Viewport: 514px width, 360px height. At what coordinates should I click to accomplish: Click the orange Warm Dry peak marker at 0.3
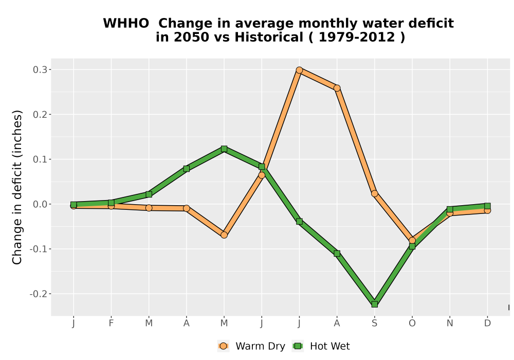[299, 70]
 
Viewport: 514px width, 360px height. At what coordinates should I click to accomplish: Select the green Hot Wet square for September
[374, 304]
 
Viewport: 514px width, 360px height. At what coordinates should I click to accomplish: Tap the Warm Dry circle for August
[337, 88]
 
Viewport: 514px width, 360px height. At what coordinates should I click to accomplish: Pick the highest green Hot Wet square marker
[224, 149]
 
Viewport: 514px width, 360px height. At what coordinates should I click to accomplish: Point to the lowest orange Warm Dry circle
[412, 240]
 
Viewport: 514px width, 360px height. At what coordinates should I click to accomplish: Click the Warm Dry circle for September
[374, 193]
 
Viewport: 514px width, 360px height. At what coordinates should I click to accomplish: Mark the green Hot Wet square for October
[412, 246]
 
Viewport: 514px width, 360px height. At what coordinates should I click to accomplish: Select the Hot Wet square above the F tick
[111, 203]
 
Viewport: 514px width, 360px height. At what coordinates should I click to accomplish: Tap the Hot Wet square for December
[487, 206]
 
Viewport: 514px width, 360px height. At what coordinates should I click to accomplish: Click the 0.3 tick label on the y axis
[40, 70]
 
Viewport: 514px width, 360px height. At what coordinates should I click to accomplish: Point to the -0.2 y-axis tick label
[39, 294]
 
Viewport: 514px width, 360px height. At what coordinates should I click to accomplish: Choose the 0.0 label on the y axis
[40, 204]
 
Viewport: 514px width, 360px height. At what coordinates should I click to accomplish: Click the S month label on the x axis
[374, 323]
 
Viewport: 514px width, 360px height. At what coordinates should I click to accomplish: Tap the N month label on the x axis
[450, 323]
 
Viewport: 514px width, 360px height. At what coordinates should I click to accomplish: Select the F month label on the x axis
[111, 323]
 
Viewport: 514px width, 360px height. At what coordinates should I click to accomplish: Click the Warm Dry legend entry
[251, 346]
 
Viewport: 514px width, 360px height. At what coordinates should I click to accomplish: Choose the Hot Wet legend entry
[321, 346]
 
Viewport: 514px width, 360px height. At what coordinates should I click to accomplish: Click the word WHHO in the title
[126, 23]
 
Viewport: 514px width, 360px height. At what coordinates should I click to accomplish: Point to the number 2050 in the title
[191, 37]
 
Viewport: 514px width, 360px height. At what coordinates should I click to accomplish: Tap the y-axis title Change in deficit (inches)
[17, 187]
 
